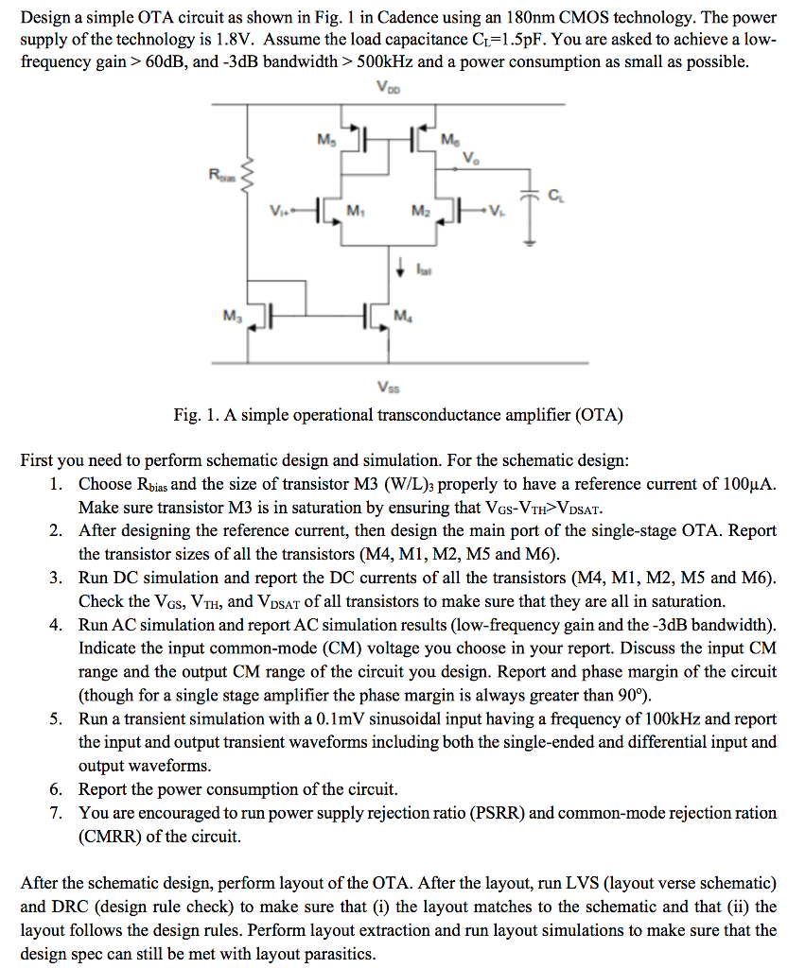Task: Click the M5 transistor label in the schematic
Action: [x=325, y=142]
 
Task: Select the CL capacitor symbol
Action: [x=530, y=200]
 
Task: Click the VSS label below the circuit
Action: [x=388, y=386]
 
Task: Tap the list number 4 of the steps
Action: [x=58, y=625]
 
